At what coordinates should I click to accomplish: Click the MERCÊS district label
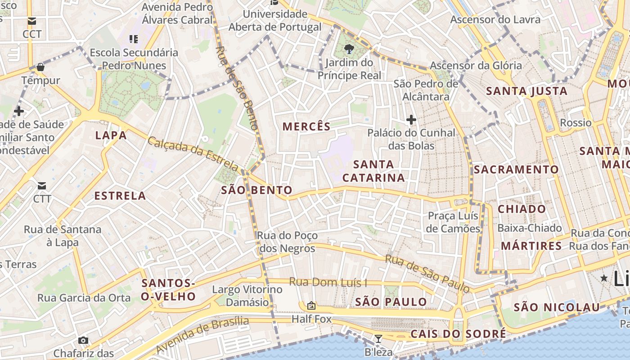pyautogui.click(x=306, y=126)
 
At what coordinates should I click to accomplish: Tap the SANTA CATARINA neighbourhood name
pyautogui.click(x=373, y=171)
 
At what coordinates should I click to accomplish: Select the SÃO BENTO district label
pyautogui.click(x=257, y=190)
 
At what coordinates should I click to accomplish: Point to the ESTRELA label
pyautogui.click(x=120, y=196)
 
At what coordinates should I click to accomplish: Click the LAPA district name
pyautogui.click(x=111, y=135)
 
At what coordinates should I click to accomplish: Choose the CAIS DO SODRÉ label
pyautogui.click(x=458, y=334)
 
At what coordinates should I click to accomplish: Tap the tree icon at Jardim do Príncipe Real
pyautogui.click(x=349, y=49)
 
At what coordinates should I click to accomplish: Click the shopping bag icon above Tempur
pyautogui.click(x=40, y=67)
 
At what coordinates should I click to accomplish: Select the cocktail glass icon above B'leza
pyautogui.click(x=378, y=338)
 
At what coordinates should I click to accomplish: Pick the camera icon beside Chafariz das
pyautogui.click(x=83, y=340)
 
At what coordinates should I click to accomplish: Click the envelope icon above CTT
pyautogui.click(x=42, y=185)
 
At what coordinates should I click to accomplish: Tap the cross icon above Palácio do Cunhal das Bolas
pyautogui.click(x=411, y=120)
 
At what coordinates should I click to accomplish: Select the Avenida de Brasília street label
pyautogui.click(x=202, y=334)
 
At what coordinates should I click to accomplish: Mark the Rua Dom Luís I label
pyautogui.click(x=328, y=283)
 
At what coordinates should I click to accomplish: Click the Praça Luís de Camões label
pyautogui.click(x=453, y=222)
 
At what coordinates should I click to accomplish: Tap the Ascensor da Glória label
pyautogui.click(x=476, y=65)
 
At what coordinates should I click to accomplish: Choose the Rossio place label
pyautogui.click(x=576, y=123)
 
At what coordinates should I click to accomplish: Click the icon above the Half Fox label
pyautogui.click(x=311, y=306)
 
